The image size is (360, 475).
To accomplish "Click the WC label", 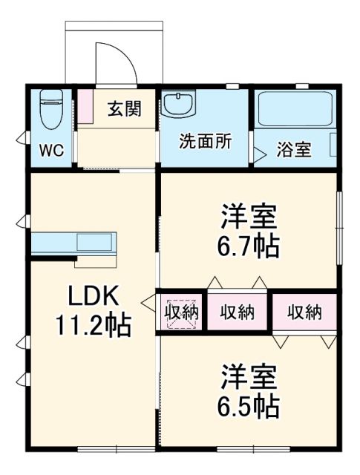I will point(51,151).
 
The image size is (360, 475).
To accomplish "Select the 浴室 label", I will point(294,149).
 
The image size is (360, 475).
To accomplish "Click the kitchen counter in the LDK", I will point(74,243).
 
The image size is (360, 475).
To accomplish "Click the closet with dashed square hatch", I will point(181,312).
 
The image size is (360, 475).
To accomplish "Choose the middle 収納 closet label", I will point(238,312).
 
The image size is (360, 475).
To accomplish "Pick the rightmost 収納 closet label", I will point(305,312).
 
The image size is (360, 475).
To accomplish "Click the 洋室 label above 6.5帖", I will point(249,376).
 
